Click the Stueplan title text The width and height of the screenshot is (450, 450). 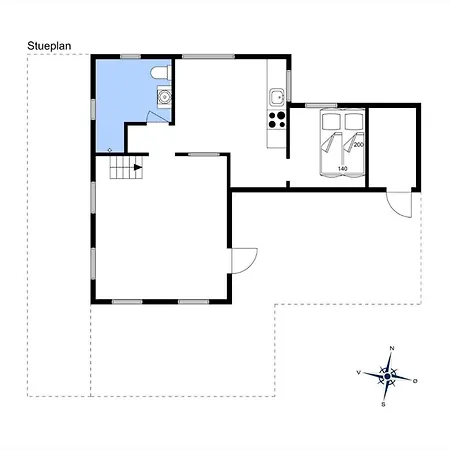(49, 46)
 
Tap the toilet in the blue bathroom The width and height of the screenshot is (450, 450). (160, 73)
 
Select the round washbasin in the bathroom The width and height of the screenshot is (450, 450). (164, 97)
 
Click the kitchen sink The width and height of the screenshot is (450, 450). (277, 97)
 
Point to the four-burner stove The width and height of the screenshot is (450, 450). (277, 120)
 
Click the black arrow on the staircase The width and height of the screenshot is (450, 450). (138, 167)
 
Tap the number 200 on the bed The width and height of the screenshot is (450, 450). (359, 145)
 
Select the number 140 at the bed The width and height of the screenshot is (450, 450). (343, 169)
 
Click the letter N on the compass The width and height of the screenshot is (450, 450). (392, 348)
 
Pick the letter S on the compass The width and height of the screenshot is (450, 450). (383, 404)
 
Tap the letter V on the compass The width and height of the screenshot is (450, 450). (359, 372)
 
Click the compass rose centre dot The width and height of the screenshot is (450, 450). (387, 376)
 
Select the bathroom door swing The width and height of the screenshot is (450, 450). (158, 117)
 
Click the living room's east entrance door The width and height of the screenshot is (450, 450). (244, 261)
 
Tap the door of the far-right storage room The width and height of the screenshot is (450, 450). (399, 205)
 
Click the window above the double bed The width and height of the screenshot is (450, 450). (321, 106)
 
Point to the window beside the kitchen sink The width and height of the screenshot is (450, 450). (289, 86)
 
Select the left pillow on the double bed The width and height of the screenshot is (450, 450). (331, 122)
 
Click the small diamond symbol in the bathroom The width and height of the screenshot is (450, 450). (110, 150)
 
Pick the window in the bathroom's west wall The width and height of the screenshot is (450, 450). (93, 109)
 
